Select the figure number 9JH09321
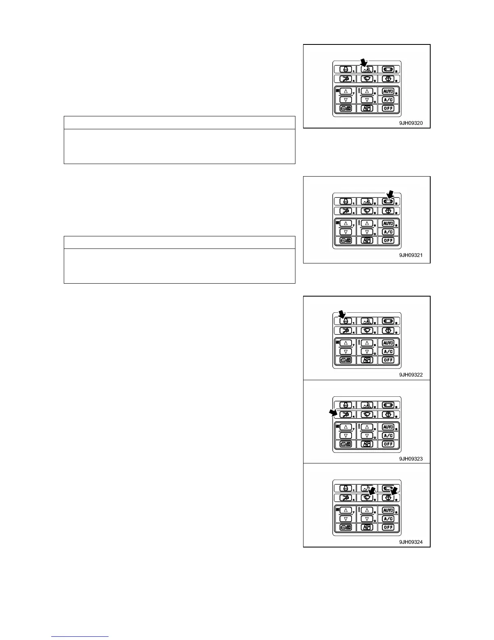[x=411, y=255]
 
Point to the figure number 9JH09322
[x=411, y=375]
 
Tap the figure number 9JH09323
[x=411, y=459]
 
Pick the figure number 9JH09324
[x=411, y=542]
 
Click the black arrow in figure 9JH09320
[x=364, y=62]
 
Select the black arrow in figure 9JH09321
[x=390, y=195]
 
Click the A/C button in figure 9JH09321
[x=388, y=232]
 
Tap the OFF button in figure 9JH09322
[x=388, y=360]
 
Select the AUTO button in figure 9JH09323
[x=388, y=427]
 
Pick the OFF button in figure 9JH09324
[x=388, y=527]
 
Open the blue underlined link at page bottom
[x=80, y=636]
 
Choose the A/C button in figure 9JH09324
[x=388, y=519]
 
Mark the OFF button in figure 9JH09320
[x=388, y=108]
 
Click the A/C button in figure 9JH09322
[x=388, y=352]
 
